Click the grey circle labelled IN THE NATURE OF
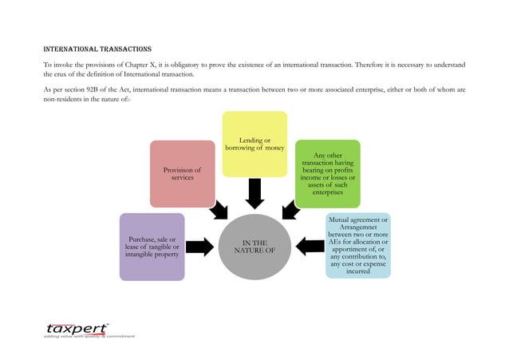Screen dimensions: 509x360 point(254,247)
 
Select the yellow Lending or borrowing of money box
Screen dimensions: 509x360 point(254,144)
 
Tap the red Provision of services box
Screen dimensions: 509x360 point(183,173)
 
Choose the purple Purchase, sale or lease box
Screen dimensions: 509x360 point(152,247)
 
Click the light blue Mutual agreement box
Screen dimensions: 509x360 point(358,245)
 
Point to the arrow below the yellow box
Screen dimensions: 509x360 point(254,193)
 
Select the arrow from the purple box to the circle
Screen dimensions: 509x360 point(199,247)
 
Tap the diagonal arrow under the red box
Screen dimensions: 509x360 point(217,210)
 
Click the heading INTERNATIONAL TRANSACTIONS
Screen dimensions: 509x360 point(97,49)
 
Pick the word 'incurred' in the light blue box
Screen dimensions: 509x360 point(358,271)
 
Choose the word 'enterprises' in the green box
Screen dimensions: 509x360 point(327,192)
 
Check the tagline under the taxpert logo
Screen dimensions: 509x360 point(89,337)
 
